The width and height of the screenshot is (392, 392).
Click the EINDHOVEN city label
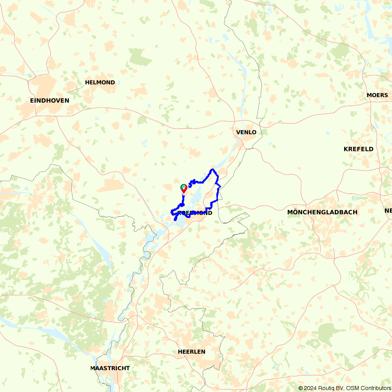tap(49, 100)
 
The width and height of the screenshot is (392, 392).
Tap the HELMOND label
tap(100, 82)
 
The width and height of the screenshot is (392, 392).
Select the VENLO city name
tap(246, 132)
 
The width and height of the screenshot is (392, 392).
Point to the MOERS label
tap(377, 95)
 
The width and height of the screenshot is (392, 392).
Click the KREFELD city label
tap(358, 149)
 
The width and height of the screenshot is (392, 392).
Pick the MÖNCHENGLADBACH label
tap(322, 212)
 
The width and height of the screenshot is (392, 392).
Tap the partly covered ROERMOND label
tap(195, 213)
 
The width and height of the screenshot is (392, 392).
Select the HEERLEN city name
tap(191, 352)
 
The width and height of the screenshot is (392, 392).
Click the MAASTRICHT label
tap(110, 368)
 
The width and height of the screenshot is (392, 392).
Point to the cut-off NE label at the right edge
tap(388, 211)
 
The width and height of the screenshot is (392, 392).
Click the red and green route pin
tap(183, 189)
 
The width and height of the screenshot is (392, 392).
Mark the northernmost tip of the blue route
tap(212, 169)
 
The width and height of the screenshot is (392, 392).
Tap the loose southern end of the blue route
tap(175, 220)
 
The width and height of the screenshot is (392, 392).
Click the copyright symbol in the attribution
tap(301, 388)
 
